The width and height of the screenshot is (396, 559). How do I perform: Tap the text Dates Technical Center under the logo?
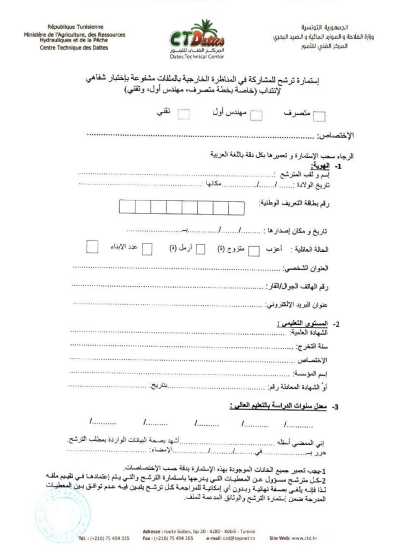[x=197, y=56]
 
